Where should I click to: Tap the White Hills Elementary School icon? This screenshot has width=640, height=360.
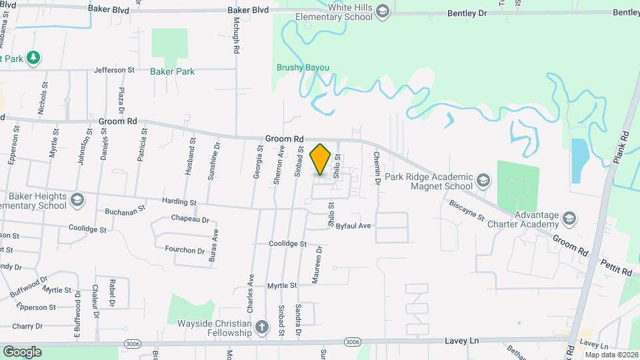tap(382, 11)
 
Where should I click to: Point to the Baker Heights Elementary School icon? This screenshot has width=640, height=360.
tap(77, 199)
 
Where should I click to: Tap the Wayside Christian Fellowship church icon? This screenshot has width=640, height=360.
tap(262, 327)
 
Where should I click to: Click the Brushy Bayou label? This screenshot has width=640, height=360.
tap(303, 67)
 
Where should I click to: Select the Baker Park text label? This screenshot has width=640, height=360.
tap(172, 71)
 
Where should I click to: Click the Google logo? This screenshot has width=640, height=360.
tap(22, 352)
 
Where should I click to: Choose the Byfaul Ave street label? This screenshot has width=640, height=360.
tap(353, 226)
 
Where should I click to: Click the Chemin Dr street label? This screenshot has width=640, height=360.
tap(377, 167)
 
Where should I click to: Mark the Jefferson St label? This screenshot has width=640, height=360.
tap(114, 69)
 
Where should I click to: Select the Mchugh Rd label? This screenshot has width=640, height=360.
tap(235, 30)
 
